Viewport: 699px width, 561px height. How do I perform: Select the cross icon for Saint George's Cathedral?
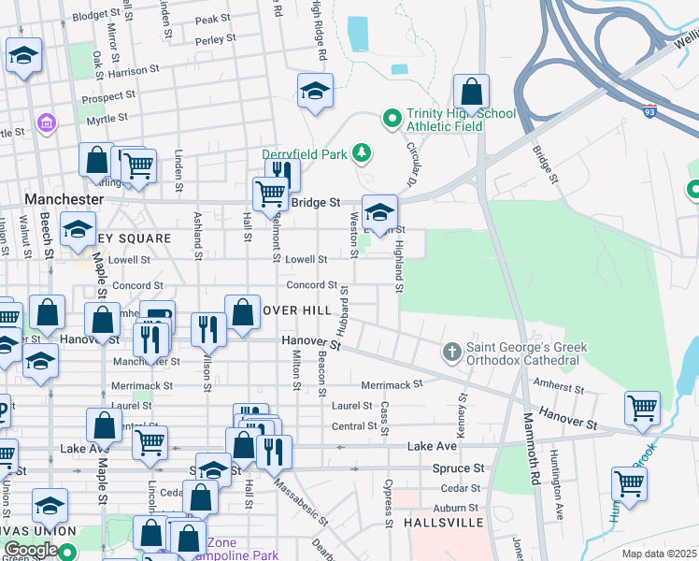(451, 352)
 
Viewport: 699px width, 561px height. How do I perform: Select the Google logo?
(31, 549)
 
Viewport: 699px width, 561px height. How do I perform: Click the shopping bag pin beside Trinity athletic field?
(472, 93)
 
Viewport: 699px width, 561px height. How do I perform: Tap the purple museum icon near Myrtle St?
(44, 122)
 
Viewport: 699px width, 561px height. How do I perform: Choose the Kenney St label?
(462, 407)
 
